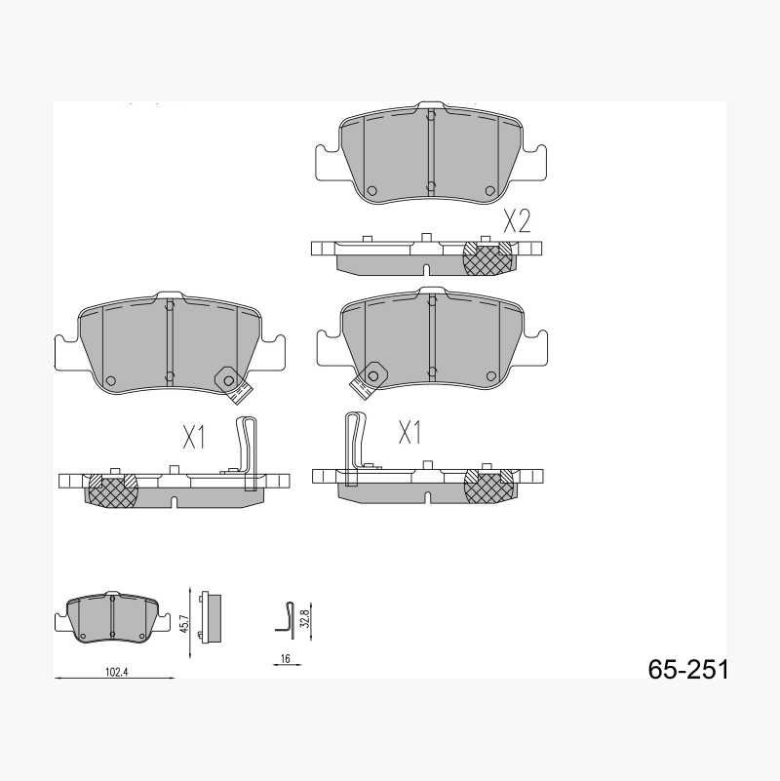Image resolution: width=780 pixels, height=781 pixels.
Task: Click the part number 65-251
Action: [x=687, y=669]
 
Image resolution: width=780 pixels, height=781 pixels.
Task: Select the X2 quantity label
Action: [x=517, y=221]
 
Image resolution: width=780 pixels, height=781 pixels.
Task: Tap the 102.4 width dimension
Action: [x=117, y=672]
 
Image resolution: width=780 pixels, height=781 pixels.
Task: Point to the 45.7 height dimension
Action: [x=184, y=624]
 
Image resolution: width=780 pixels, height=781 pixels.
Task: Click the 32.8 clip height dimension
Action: [x=306, y=617]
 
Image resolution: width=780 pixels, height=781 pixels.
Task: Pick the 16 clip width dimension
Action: [x=285, y=658]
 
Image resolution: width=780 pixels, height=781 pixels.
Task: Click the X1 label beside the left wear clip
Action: [x=194, y=437]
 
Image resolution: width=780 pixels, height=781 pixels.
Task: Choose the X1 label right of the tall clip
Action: [x=409, y=432]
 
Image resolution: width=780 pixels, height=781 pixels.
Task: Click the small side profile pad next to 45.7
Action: [x=212, y=618]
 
